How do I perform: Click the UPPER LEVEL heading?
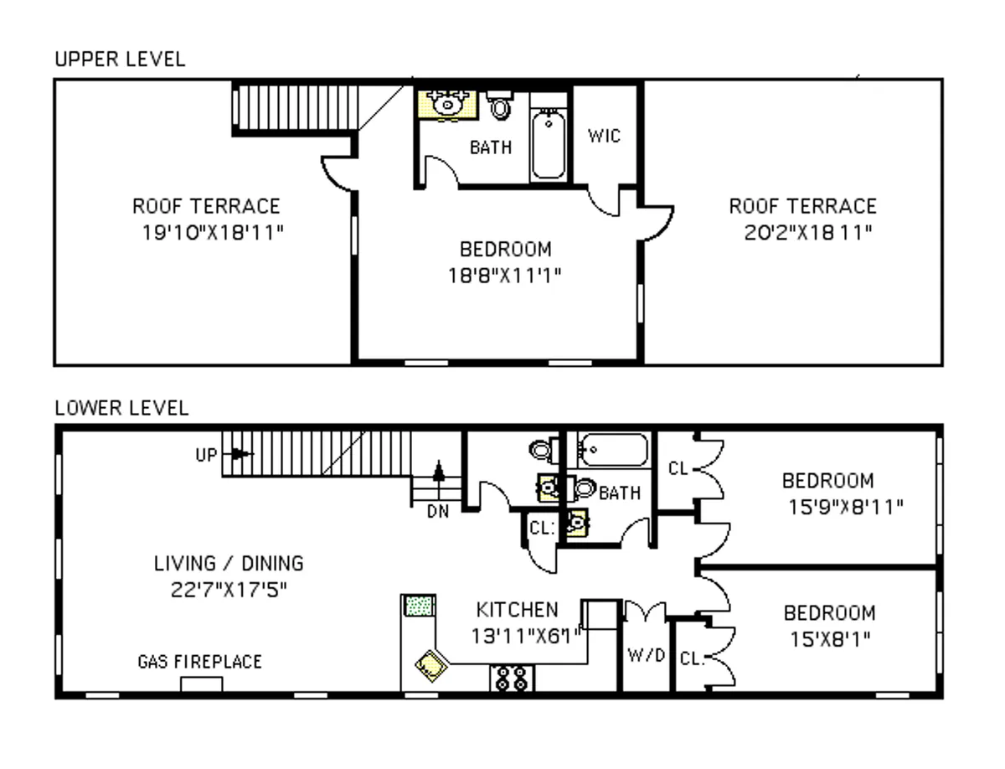coord(120,59)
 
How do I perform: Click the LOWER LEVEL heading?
coord(121,408)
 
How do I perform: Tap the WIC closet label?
coord(605,136)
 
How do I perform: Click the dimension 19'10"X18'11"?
coord(213,232)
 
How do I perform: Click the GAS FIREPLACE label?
coord(199,662)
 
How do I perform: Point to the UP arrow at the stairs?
coord(240,454)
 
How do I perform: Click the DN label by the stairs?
coord(437,512)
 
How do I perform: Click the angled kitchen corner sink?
coord(432,667)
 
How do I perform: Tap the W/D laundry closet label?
coord(646,654)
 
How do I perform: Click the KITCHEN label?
coord(517,609)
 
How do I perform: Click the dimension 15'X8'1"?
coord(829,638)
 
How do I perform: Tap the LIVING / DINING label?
coord(229,563)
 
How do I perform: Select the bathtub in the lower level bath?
coord(614,451)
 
